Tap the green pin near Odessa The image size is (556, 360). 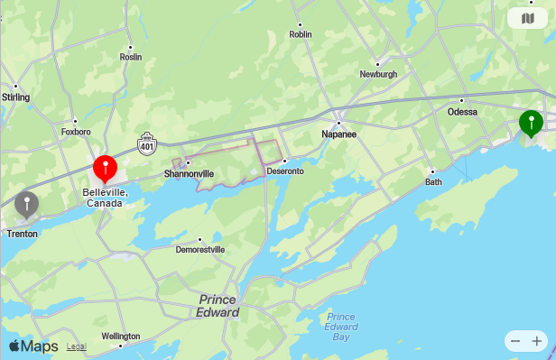click(x=531, y=122)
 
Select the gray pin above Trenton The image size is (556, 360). click(x=27, y=205)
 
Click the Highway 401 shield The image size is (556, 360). click(x=147, y=143)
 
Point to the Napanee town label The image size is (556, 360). click(x=339, y=134)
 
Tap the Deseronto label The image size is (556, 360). click(x=285, y=171)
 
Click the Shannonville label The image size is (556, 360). click(x=189, y=173)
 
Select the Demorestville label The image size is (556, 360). click(x=200, y=250)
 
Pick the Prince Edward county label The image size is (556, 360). click(x=218, y=306)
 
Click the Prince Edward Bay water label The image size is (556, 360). click(x=340, y=327)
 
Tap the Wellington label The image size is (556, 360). click(x=121, y=336)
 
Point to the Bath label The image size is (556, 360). click(x=434, y=181)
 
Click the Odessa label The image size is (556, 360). click(x=462, y=112)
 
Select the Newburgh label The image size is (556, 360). click(x=378, y=74)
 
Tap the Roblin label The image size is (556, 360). click(x=300, y=34)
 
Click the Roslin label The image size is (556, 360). click(x=131, y=56)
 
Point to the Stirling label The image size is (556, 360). click(x=16, y=97)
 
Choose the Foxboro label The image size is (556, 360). click(x=76, y=132)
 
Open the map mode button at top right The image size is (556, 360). click(x=527, y=18)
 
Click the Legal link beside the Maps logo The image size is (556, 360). click(x=77, y=346)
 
